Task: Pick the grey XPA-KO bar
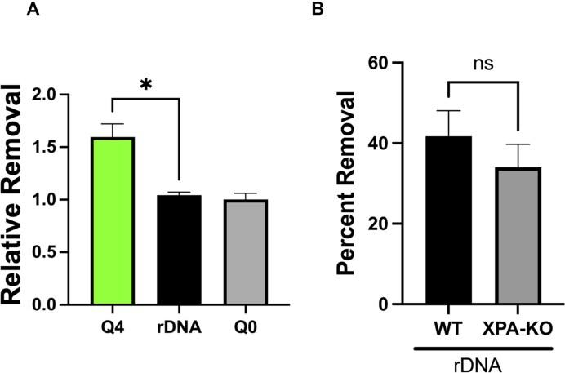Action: (x=517, y=236)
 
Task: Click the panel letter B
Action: (x=340, y=11)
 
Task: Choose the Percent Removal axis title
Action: (x=349, y=184)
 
